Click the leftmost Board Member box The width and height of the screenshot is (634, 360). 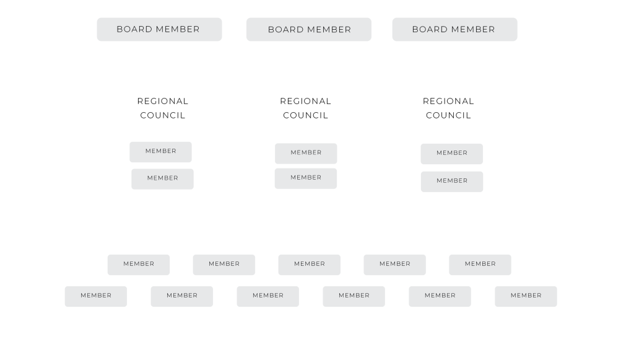(159, 30)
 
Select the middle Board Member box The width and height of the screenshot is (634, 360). (309, 30)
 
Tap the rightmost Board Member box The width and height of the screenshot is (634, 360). (455, 30)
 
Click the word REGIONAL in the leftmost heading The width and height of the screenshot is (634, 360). (163, 101)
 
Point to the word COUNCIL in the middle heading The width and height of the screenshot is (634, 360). (306, 115)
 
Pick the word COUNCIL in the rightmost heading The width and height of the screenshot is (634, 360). (448, 115)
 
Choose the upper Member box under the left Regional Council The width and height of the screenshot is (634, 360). (160, 152)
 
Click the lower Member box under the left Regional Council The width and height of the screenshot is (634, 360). (163, 179)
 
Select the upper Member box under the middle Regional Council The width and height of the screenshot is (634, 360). (306, 154)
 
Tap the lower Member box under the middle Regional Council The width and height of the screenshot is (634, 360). (306, 179)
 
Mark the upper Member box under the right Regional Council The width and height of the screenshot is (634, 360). (451, 154)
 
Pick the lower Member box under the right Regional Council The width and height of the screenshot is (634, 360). (452, 182)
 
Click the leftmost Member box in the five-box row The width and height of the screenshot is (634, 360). (139, 265)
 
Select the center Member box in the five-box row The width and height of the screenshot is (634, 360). (310, 265)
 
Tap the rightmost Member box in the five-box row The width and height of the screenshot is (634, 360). (480, 265)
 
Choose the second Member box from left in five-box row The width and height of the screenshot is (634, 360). (224, 265)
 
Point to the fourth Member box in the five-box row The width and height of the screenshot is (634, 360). (394, 265)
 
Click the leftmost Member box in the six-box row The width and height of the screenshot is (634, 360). (96, 297)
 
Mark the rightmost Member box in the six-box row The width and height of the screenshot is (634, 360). (526, 297)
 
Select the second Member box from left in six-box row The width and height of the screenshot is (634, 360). (182, 297)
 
